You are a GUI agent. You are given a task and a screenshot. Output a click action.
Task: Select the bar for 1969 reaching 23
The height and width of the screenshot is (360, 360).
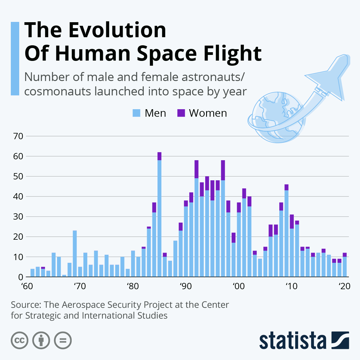(75, 253)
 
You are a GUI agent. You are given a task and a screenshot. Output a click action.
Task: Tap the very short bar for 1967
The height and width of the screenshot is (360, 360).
(64, 276)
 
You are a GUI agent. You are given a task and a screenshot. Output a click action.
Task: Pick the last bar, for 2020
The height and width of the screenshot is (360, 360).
(345, 266)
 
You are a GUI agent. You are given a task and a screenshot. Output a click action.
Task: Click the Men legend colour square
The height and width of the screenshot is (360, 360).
(136, 113)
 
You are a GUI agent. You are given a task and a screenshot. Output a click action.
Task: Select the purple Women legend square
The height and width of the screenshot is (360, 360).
(181, 113)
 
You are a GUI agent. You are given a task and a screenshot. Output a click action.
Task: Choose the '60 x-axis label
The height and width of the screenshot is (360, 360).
(27, 286)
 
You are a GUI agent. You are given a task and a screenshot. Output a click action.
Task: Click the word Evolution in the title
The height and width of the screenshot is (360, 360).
(117, 30)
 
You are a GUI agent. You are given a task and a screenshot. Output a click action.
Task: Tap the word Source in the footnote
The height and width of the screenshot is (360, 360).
(25, 305)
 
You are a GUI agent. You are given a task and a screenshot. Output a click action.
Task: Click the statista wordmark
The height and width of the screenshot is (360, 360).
(292, 341)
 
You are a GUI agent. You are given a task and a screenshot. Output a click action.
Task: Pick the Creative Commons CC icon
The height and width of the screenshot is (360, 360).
(19, 340)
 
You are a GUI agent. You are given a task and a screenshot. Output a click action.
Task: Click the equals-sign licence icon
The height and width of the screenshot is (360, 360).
(63, 340)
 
